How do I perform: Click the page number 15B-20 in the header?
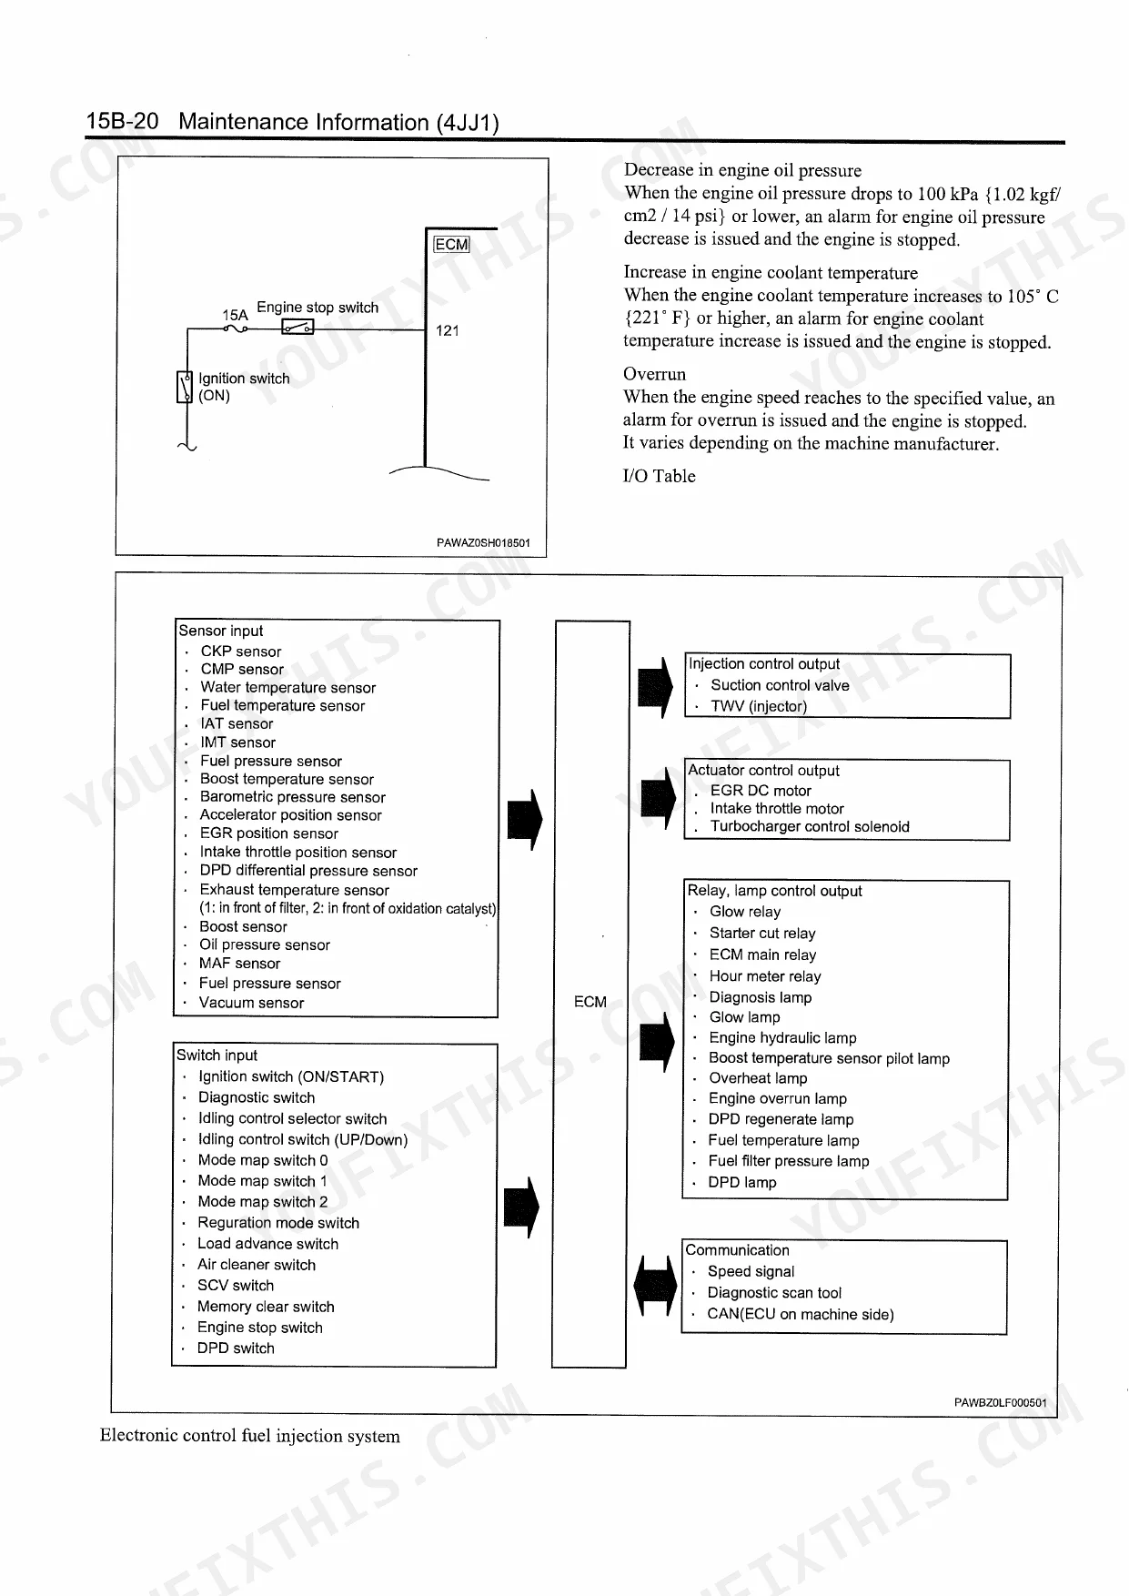(122, 121)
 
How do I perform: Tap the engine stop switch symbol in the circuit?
(297, 328)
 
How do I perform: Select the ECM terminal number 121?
(448, 330)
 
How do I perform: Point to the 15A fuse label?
(235, 315)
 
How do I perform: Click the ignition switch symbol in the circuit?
(184, 386)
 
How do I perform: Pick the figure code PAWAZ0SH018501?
(483, 543)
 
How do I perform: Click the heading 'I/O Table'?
(659, 476)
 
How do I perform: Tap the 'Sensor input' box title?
(221, 631)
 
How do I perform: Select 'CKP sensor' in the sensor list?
(241, 652)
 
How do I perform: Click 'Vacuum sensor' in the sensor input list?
(251, 1003)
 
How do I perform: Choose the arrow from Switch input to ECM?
(521, 1207)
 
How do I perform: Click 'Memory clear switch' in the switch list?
(266, 1307)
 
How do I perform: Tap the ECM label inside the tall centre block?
(590, 1002)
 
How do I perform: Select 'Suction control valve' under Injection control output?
(780, 685)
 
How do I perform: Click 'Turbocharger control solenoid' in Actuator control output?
(810, 826)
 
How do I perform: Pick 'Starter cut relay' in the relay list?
(762, 933)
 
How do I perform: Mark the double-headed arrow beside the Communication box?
(656, 1285)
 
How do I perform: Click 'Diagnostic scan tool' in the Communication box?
(774, 1293)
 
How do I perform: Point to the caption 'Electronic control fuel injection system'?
(250, 1436)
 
